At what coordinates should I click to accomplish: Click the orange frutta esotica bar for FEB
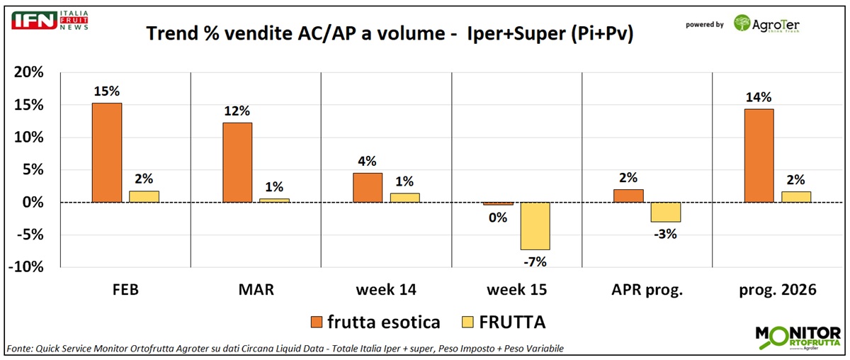tap(107, 153)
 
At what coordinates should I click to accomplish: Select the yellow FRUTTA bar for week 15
tap(535, 226)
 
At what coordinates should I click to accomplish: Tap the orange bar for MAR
tap(237, 163)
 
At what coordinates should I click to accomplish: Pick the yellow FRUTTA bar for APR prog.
tap(665, 212)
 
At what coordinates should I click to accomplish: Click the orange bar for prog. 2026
tap(759, 156)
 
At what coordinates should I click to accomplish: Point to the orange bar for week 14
tap(368, 188)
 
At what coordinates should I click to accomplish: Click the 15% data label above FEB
tap(106, 91)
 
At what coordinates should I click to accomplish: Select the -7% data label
tap(535, 262)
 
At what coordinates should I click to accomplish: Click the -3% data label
tap(666, 234)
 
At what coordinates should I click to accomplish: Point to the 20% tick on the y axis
tap(29, 72)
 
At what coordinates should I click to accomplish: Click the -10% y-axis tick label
tap(26, 267)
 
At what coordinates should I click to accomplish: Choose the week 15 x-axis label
tap(517, 290)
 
